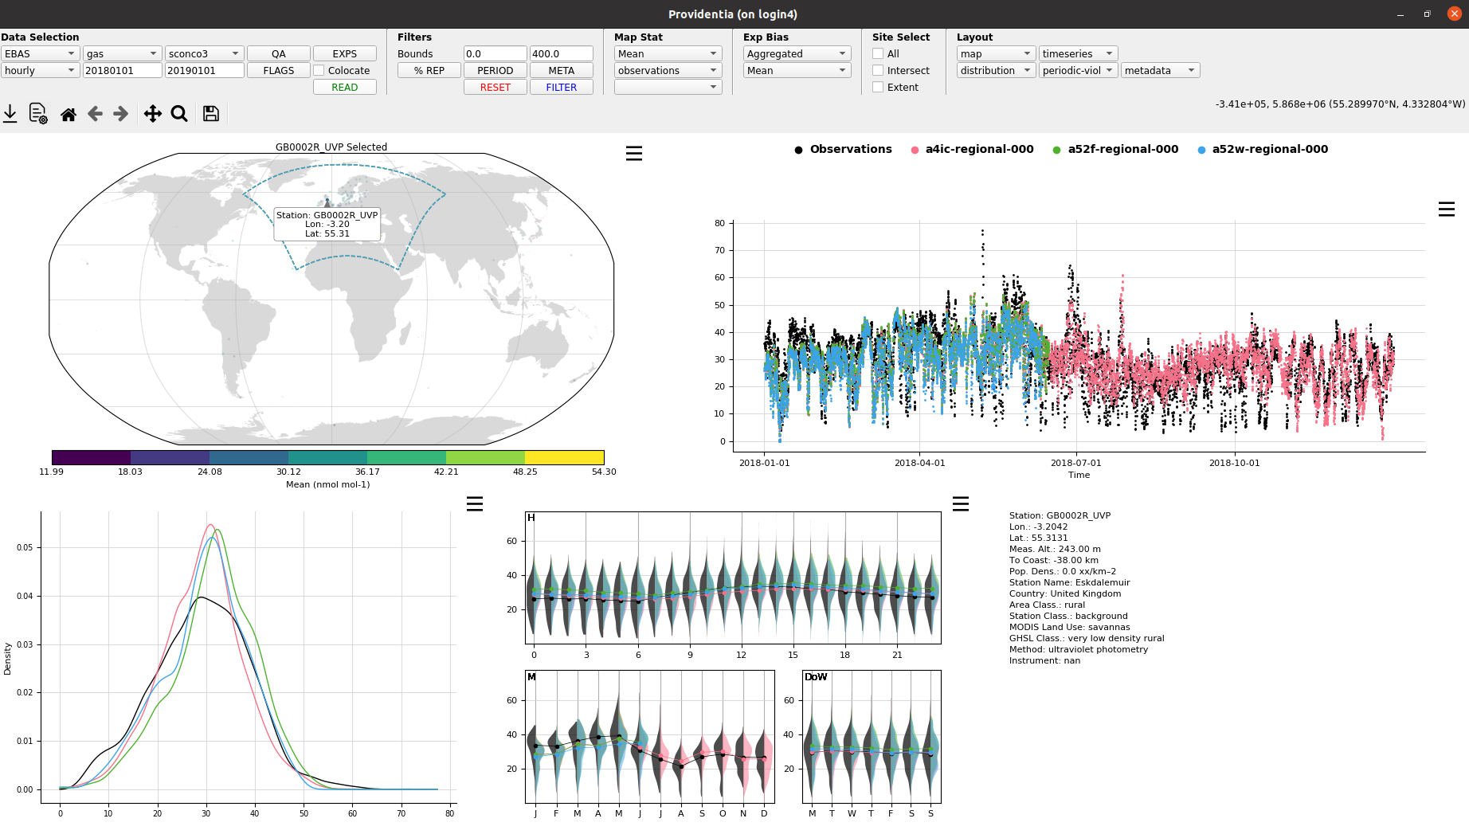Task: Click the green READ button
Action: click(x=344, y=87)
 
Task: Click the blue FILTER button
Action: click(x=561, y=87)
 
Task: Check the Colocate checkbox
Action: click(x=319, y=70)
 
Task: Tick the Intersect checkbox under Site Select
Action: click(x=878, y=70)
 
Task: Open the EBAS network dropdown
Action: click(x=39, y=53)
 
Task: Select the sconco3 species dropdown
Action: click(x=203, y=53)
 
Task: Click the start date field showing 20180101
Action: click(x=122, y=70)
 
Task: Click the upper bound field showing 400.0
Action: click(x=561, y=53)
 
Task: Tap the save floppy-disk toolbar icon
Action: click(x=211, y=113)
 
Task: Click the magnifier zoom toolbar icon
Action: click(x=179, y=113)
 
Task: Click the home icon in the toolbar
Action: click(x=69, y=114)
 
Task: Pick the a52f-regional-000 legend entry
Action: click(x=1115, y=149)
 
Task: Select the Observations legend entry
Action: click(x=843, y=149)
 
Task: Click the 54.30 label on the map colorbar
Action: click(x=604, y=472)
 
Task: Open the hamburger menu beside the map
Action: click(x=634, y=153)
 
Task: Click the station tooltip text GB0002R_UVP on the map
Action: click(x=346, y=215)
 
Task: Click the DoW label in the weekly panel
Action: click(x=816, y=677)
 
